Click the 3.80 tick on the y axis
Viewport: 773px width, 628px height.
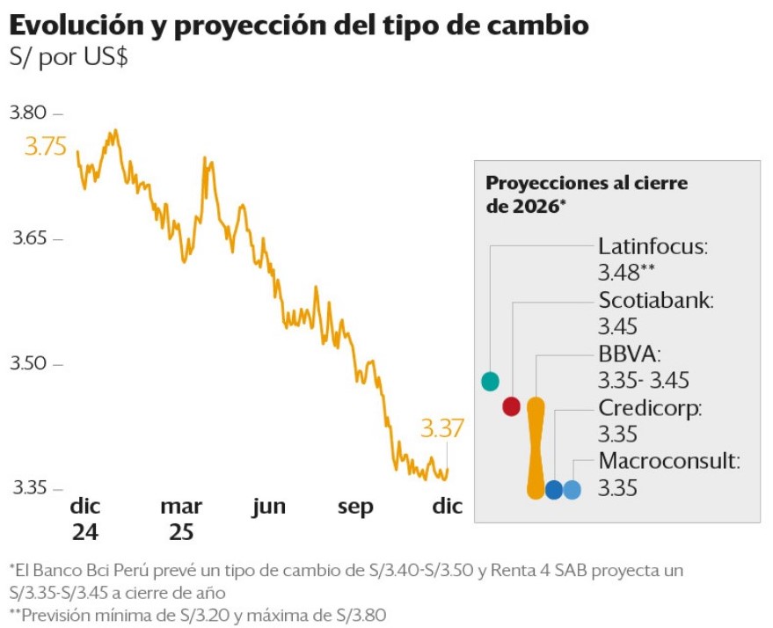(x=28, y=113)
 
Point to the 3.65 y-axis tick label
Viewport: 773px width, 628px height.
(x=28, y=238)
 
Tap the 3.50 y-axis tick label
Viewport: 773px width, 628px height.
(x=28, y=363)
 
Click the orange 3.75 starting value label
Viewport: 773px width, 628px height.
(x=46, y=146)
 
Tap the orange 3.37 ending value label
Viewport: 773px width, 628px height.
(x=441, y=428)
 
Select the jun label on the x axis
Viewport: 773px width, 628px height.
(x=269, y=507)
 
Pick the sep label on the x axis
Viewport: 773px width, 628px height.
(x=355, y=508)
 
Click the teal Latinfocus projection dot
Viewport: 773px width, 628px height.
(x=491, y=381)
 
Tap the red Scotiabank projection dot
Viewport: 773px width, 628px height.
(x=512, y=406)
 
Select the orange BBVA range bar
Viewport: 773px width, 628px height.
(x=536, y=449)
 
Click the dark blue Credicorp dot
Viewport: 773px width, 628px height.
(x=554, y=490)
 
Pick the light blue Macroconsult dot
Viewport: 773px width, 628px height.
(x=572, y=490)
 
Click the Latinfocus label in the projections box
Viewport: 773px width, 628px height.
(x=652, y=246)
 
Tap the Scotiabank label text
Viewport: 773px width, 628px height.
(x=656, y=300)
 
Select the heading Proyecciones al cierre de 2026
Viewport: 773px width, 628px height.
(x=587, y=194)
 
